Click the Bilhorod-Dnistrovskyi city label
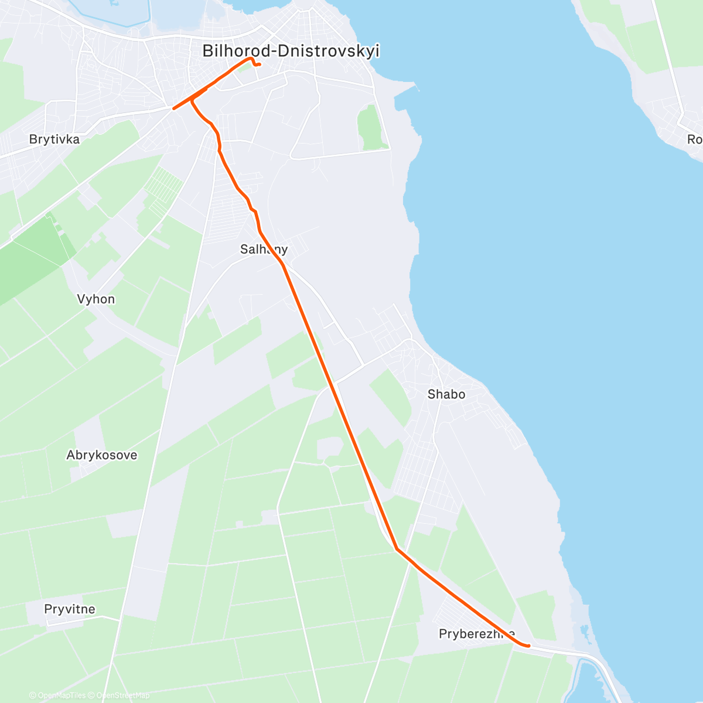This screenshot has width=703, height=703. pos(291,51)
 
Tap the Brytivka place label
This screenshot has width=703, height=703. pos(54,139)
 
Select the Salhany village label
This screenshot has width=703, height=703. pos(264,249)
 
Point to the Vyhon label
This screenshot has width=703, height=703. pos(96,299)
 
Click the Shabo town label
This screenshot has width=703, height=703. pos(446,394)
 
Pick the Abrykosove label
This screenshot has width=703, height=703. pos(102,455)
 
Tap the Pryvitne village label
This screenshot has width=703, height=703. pos(70,609)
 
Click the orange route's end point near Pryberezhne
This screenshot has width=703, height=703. pos(529,646)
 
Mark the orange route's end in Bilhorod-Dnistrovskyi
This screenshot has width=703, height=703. pos(259,64)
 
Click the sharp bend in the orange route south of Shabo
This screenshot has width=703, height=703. pos(397,549)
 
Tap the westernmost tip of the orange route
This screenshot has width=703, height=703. pos(173,108)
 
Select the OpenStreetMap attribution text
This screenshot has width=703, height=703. pos(122,695)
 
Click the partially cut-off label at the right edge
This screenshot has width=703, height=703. pos(695,139)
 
